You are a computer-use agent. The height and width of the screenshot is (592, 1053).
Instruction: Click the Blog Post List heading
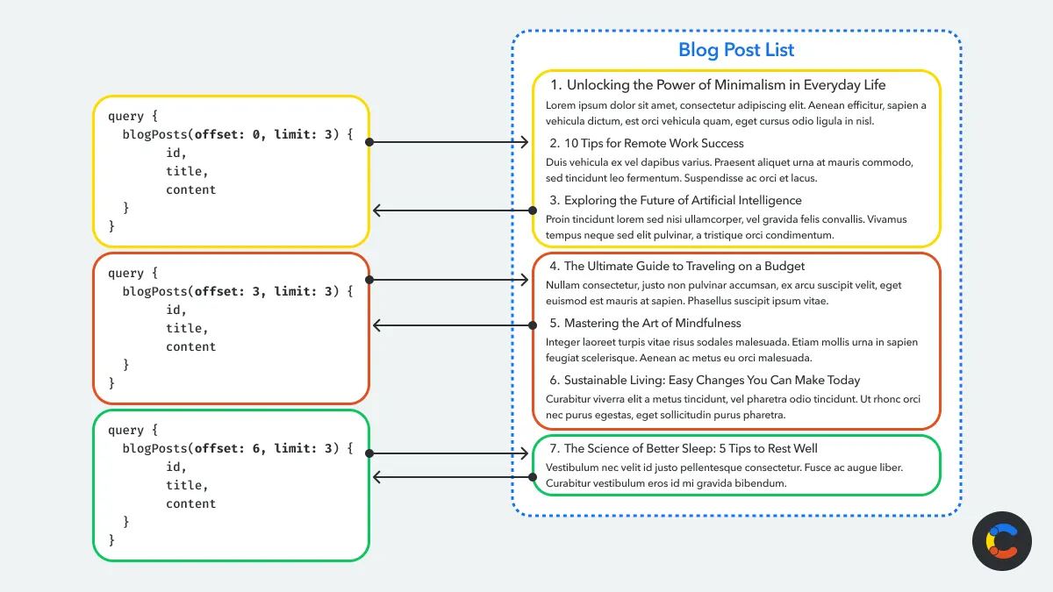[x=735, y=50]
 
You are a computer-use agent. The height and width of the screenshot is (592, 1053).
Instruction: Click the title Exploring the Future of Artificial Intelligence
[x=682, y=201]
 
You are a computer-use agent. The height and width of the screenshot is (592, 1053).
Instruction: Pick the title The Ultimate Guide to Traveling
[x=684, y=266]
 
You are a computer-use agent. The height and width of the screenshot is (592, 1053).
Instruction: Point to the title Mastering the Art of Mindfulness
[x=652, y=323]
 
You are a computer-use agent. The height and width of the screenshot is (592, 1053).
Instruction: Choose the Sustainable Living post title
[x=712, y=380]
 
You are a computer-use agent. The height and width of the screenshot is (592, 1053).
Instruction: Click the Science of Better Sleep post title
[x=691, y=448]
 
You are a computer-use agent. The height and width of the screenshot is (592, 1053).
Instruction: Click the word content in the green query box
[x=190, y=503]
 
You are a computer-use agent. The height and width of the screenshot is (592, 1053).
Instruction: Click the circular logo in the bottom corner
[x=1001, y=541]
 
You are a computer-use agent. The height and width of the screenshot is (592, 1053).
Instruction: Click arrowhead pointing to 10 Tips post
[x=525, y=142]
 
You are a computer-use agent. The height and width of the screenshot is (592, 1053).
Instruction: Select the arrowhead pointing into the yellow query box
[x=376, y=210]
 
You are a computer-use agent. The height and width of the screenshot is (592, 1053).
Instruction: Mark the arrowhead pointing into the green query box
[x=376, y=477]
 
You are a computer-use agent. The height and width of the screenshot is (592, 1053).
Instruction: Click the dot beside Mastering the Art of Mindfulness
[x=532, y=325]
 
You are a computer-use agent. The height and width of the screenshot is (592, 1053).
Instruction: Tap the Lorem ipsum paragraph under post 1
[x=735, y=113]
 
